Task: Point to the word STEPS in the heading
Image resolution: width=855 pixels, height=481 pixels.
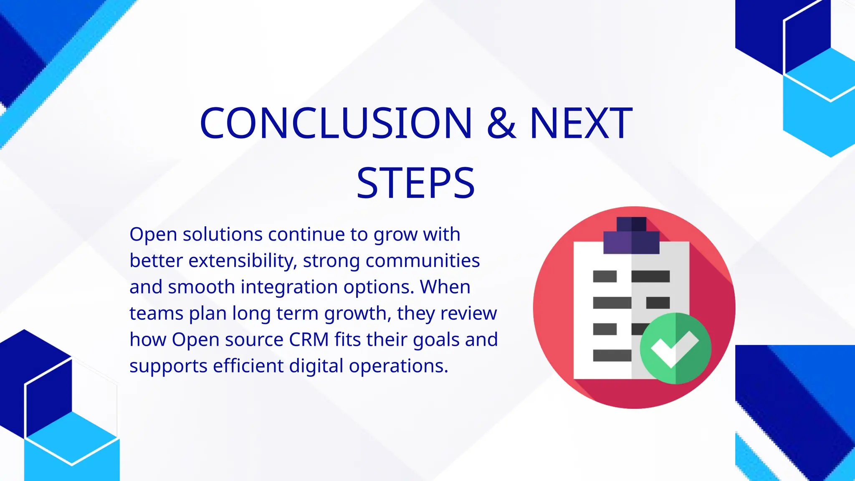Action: [x=416, y=183]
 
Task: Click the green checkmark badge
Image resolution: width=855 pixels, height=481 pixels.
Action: [x=675, y=348]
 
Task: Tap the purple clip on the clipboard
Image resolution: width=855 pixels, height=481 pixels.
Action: [x=631, y=236]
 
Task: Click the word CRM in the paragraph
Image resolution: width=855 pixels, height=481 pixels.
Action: [x=309, y=339]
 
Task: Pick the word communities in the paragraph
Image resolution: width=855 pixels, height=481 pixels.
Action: [x=422, y=261]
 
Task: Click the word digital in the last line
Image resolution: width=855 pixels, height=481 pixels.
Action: [x=316, y=366]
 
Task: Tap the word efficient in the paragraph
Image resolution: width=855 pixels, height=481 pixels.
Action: [x=248, y=366]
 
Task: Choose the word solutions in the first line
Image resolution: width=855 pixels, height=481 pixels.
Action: [x=223, y=234]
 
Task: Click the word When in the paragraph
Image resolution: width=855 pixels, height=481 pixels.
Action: [x=445, y=287]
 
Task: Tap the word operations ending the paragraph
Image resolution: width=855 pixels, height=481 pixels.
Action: [x=398, y=366]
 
